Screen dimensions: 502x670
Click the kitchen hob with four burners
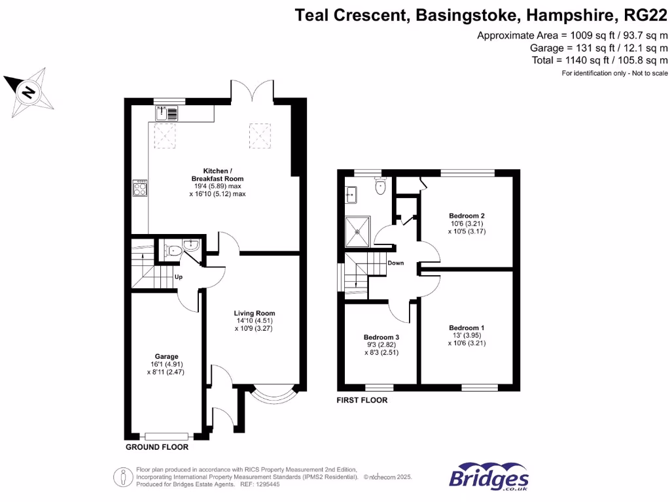[x=140, y=188]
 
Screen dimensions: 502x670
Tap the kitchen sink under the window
[x=167, y=114]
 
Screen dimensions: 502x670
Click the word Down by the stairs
[x=395, y=263]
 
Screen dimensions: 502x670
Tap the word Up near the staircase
[x=178, y=277]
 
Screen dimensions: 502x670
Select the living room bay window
[x=274, y=394]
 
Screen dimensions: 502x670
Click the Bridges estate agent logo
[x=489, y=478]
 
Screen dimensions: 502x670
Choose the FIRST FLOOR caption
[x=362, y=400]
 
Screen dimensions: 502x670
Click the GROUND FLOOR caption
[x=157, y=448]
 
